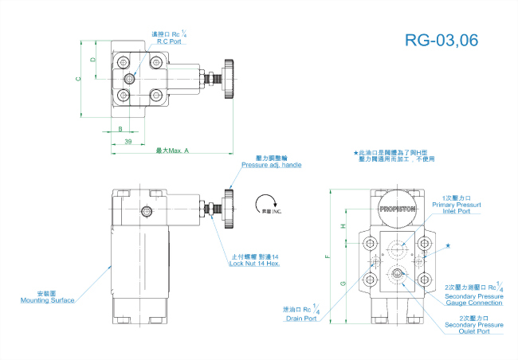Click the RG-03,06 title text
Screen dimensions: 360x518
[441, 41]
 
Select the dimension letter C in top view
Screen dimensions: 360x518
[78, 78]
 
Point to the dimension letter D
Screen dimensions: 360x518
[93, 60]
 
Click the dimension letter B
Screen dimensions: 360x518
[120, 128]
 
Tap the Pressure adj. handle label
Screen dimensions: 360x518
[271, 166]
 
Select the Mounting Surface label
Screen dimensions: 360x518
[48, 299]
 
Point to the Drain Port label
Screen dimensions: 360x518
[301, 319]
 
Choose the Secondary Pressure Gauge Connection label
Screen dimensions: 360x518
[473, 299]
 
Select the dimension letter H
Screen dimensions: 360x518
[343, 226]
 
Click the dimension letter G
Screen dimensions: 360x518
[343, 283]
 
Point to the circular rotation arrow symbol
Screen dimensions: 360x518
[267, 202]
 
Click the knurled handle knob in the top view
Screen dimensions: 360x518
[230, 79]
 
